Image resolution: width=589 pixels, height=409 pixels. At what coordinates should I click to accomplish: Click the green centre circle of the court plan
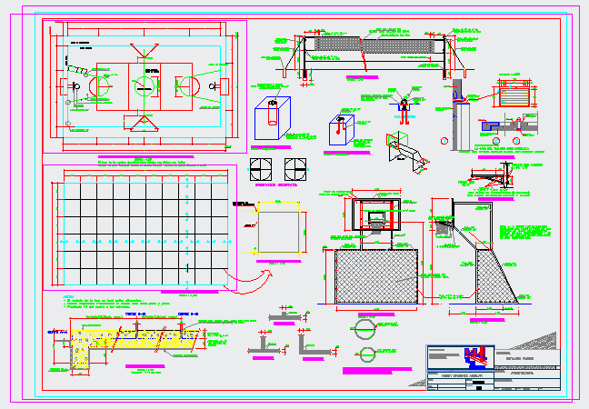tap(143, 85)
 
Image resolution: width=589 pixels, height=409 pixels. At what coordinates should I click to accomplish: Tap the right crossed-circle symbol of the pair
tap(294, 169)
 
